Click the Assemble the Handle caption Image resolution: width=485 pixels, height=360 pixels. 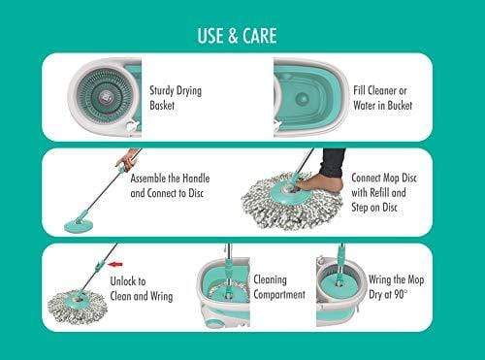click(x=171, y=186)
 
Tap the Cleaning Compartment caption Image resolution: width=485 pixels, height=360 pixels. click(x=278, y=287)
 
